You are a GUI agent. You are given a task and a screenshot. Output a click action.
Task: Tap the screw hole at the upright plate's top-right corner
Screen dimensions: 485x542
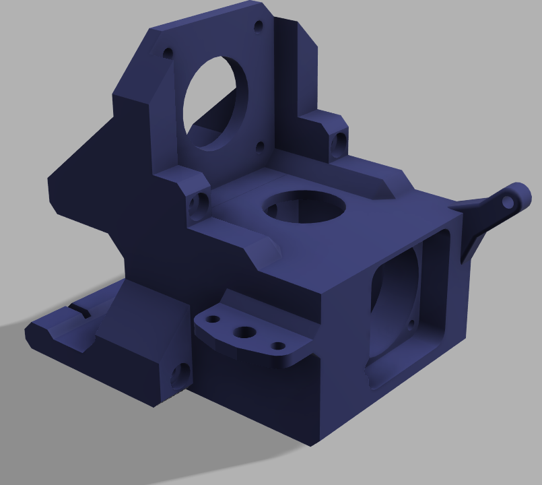pyautogui.click(x=259, y=27)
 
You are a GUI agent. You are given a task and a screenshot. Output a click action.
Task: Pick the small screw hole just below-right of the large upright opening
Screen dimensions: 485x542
pyautogui.click(x=259, y=145)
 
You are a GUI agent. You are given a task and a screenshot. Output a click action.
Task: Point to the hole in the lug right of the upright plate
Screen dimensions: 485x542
pyautogui.click(x=339, y=141)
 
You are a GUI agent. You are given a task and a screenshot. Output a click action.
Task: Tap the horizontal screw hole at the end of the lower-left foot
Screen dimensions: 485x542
pyautogui.click(x=180, y=375)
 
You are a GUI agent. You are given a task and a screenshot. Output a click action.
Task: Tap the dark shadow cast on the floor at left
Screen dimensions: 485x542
pyautogui.click(x=40, y=377)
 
